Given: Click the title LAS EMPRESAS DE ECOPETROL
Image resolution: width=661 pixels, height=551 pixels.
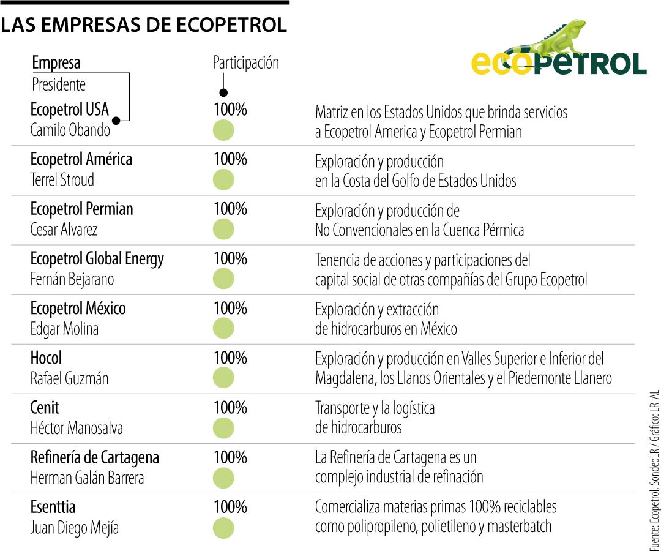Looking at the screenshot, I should point(144,25).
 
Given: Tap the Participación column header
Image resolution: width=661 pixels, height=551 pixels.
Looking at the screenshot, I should point(245,62).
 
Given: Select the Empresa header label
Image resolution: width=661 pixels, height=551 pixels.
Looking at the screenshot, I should point(56,62).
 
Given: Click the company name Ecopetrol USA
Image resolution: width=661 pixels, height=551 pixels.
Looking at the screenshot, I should point(69,110).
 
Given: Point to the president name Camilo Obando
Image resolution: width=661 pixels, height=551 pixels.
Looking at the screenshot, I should point(70,130).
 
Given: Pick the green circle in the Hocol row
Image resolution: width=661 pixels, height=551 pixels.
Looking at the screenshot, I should point(223,378).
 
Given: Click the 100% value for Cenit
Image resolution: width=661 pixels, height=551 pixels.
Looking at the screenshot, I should point(230,407).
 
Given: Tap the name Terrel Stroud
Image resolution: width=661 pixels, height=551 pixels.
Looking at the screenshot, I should point(62,179).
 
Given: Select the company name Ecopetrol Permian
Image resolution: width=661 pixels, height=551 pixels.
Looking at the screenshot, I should point(81,209).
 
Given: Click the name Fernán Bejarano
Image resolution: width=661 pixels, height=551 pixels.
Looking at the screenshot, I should point(72,279).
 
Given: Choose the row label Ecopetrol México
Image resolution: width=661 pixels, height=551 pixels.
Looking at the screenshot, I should point(78,308).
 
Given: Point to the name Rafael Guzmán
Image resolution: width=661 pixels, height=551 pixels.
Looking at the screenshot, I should point(69,378).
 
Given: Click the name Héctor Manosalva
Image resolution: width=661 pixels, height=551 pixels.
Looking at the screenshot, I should point(77,428).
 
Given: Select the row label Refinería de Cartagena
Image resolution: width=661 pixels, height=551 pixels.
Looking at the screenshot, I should point(94,457).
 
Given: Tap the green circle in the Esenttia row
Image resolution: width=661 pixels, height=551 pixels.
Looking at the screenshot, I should point(223,528).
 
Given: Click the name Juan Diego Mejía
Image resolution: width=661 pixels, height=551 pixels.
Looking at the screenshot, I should point(75,527).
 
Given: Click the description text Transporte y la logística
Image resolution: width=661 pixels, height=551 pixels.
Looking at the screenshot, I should point(375,408).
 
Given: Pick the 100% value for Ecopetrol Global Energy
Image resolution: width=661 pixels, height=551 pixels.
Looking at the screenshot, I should point(230,258).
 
